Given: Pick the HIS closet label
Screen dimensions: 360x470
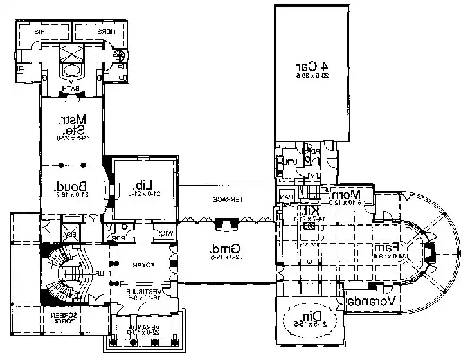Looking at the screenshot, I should coord(39,31).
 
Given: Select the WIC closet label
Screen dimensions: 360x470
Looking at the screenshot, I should coord(166,233).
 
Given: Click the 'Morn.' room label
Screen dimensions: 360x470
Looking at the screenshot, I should coord(355,194).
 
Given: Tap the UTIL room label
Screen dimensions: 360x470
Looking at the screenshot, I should coord(291,161).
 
